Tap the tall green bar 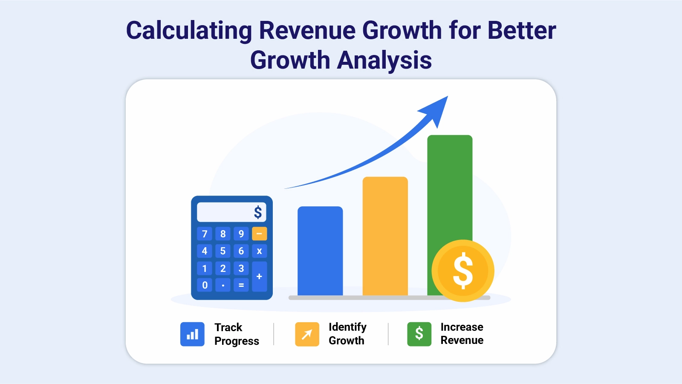click(x=450, y=192)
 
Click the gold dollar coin click(x=463, y=271)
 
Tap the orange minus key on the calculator click(x=259, y=234)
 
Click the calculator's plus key click(x=259, y=277)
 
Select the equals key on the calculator click(x=241, y=285)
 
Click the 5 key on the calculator click(x=223, y=251)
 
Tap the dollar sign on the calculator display click(x=258, y=212)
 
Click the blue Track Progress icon click(x=192, y=334)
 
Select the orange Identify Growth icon click(x=307, y=334)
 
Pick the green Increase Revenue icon click(x=419, y=334)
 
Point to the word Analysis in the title click(x=384, y=60)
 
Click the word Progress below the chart click(x=237, y=341)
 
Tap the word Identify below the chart click(x=347, y=327)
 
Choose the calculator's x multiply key click(x=259, y=251)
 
